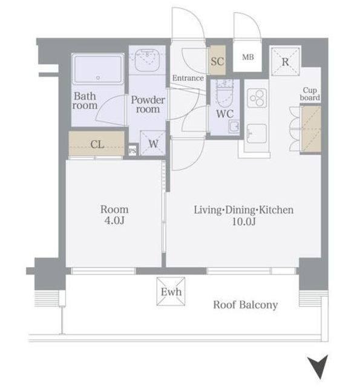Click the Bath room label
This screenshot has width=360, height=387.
pyautogui.click(x=85, y=101)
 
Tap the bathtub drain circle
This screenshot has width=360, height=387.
pyautogui.click(x=98, y=78)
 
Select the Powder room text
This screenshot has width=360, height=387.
pyautogui.click(x=148, y=105)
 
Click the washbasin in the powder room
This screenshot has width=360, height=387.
pyautogui.click(x=148, y=60)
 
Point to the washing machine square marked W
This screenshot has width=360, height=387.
pyautogui.click(x=153, y=143)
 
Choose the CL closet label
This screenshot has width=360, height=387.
pyautogui.click(x=97, y=145)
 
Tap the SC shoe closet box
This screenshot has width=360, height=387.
pyautogui.click(x=217, y=60)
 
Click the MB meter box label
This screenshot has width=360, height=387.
pyautogui.click(x=248, y=57)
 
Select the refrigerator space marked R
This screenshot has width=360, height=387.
pyautogui.click(x=286, y=62)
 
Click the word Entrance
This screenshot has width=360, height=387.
pyautogui.click(x=188, y=78)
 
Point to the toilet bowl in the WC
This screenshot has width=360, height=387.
pyautogui.click(x=224, y=94)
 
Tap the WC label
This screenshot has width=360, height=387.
pyautogui.click(x=224, y=114)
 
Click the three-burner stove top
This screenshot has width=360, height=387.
pyautogui.click(x=257, y=98)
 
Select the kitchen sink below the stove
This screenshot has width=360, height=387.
pyautogui.click(x=257, y=134)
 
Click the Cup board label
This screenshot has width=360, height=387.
pyautogui.click(x=310, y=94)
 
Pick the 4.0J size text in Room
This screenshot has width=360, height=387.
pyautogui.click(x=114, y=220)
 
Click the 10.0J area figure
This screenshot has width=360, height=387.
pyautogui.click(x=243, y=221)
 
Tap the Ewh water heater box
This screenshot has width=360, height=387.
pyautogui.click(x=171, y=291)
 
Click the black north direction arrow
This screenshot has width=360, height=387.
pyautogui.click(x=319, y=366)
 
